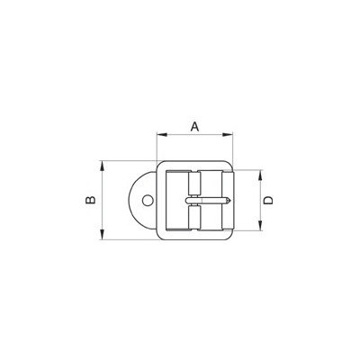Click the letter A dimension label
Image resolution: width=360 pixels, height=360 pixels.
click(195, 127)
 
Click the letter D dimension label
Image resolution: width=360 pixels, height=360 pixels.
click(268, 201)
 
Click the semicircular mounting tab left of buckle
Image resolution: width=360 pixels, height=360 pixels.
click(139, 202)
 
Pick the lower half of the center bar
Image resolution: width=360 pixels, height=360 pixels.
click(195, 221)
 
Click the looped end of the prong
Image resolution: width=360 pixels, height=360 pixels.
click(186, 201)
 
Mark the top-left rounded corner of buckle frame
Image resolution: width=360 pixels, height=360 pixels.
click(162, 166)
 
